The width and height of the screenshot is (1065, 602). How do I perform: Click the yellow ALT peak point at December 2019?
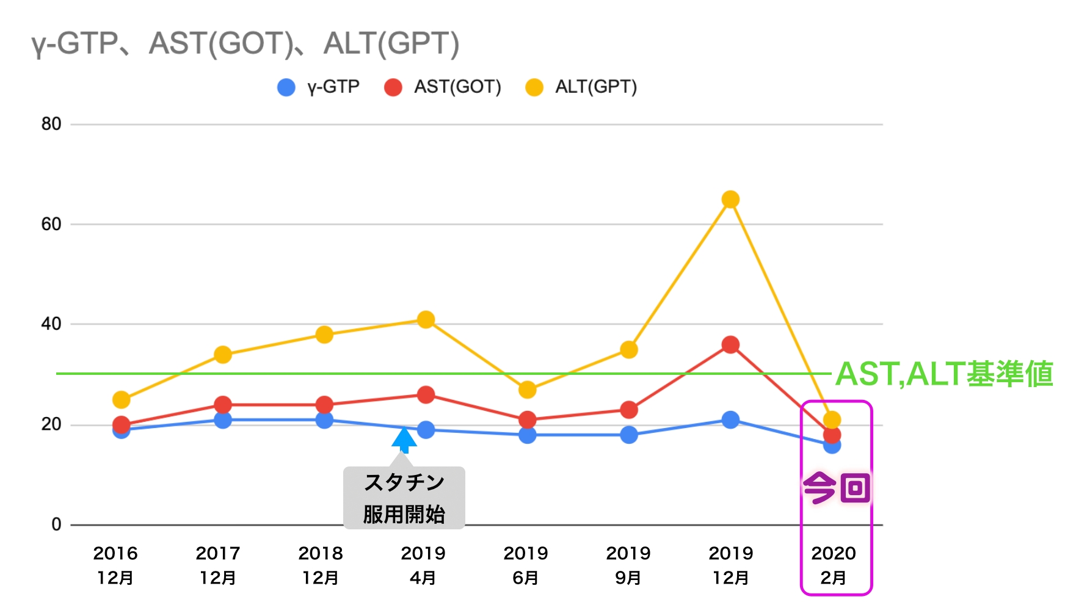click(x=730, y=200)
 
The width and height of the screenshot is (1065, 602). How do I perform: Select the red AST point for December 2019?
click(x=730, y=345)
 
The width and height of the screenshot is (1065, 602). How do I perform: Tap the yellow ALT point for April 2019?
click(x=426, y=319)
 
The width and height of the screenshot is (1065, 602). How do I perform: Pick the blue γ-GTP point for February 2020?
click(x=832, y=446)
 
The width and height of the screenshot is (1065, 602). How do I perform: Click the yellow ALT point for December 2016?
click(x=122, y=400)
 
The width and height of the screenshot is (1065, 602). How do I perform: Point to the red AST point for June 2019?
click(x=527, y=419)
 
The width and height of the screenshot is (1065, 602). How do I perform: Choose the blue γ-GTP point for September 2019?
click(x=629, y=435)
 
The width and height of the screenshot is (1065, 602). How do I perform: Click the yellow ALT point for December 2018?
click(x=324, y=335)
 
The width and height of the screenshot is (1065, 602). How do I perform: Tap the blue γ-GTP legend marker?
click(x=286, y=87)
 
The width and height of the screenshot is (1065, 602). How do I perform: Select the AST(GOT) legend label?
click(x=457, y=87)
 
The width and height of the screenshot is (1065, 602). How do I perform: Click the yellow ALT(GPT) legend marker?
click(x=534, y=87)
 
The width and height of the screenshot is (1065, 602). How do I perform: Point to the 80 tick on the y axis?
click(x=51, y=124)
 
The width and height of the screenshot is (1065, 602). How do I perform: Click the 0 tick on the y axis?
click(x=56, y=524)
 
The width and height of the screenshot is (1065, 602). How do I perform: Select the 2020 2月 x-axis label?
click(x=834, y=565)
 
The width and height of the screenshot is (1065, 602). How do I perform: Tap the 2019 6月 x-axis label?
click(x=526, y=565)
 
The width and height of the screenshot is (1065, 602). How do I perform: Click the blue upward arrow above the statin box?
click(x=404, y=440)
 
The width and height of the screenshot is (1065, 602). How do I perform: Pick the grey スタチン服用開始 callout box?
click(x=404, y=498)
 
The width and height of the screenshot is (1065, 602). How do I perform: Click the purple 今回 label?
click(x=837, y=488)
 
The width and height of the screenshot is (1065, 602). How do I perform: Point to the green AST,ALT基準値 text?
click(x=944, y=374)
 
